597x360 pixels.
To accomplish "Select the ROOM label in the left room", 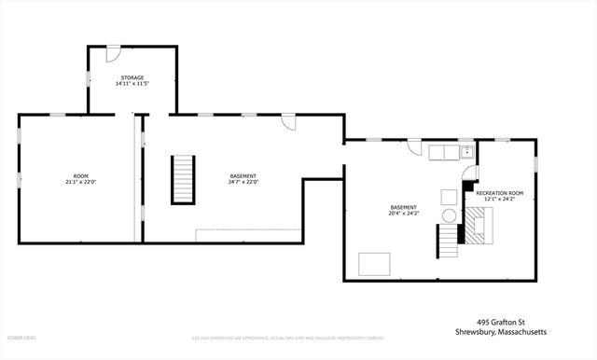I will pyautogui.click(x=81, y=176).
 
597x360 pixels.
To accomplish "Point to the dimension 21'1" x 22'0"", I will pyautogui.click(x=81, y=183).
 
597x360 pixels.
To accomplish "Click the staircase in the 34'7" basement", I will pyautogui.click(x=183, y=179).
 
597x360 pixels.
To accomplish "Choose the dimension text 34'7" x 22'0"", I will pyautogui.click(x=243, y=183).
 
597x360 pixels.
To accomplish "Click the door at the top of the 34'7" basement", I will pyautogui.click(x=290, y=121).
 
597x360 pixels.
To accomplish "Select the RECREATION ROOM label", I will pyautogui.click(x=500, y=193).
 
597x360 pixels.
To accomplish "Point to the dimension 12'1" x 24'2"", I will pyautogui.click(x=500, y=200).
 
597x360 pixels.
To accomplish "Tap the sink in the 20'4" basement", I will pyautogui.click(x=466, y=152).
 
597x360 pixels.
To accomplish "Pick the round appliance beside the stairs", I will pyautogui.click(x=450, y=215).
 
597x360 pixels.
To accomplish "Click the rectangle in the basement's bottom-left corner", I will pyautogui.click(x=374, y=264).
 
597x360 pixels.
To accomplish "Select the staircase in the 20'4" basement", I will pyautogui.click(x=450, y=241).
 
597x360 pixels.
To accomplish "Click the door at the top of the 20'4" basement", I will pyautogui.click(x=413, y=146).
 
